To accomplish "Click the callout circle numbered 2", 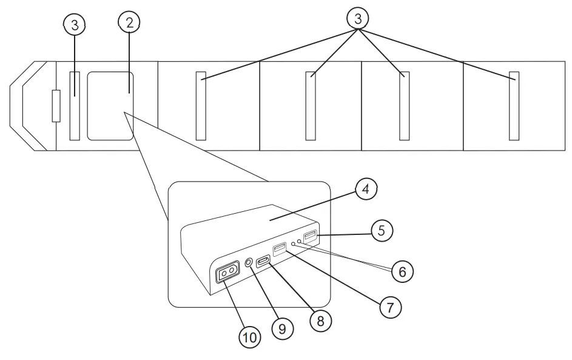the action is click(x=129, y=22).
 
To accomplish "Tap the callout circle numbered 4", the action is click(x=366, y=189).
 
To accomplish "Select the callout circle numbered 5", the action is click(x=382, y=231).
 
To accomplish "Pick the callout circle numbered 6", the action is click(x=402, y=271).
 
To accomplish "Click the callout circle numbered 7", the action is click(x=391, y=307).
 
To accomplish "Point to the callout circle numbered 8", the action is click(x=321, y=321).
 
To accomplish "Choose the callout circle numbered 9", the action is click(x=283, y=329).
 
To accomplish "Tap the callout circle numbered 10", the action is click(x=250, y=338).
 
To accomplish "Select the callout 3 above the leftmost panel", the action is click(x=75, y=25).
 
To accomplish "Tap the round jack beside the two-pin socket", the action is click(x=249, y=262).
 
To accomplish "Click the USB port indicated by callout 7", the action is click(x=280, y=250).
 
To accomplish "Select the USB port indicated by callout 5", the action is click(x=311, y=237).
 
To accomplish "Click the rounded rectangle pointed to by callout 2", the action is click(x=110, y=106).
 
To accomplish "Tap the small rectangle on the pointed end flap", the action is click(x=56, y=106).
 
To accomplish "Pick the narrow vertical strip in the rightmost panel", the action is click(x=514, y=106).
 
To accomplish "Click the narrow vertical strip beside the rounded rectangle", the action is click(x=75, y=106).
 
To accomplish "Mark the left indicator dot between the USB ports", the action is click(x=294, y=243).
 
